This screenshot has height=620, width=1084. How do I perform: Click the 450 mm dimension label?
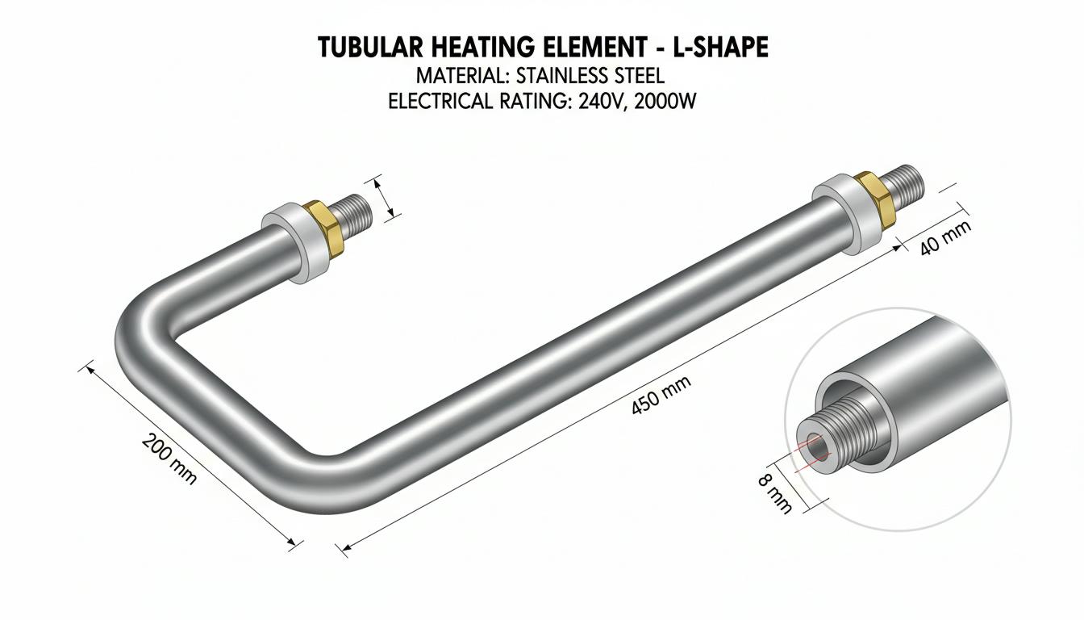661,396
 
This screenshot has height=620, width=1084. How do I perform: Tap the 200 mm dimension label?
169,459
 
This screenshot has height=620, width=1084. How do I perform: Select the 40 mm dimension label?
945,238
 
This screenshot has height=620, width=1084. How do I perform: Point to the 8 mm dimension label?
775,493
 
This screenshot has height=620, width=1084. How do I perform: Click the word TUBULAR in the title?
370,48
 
